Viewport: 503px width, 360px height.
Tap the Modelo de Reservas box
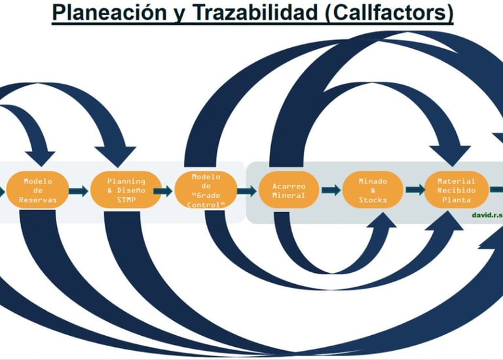[37, 190]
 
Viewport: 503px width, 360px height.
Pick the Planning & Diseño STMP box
[126, 190]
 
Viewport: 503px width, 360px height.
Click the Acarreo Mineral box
[288, 190]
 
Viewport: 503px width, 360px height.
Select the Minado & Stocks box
[373, 190]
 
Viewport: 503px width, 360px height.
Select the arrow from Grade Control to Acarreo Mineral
[246, 191]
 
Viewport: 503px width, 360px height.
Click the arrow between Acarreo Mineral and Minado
[330, 190]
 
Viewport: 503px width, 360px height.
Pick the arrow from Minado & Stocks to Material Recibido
[414, 190]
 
